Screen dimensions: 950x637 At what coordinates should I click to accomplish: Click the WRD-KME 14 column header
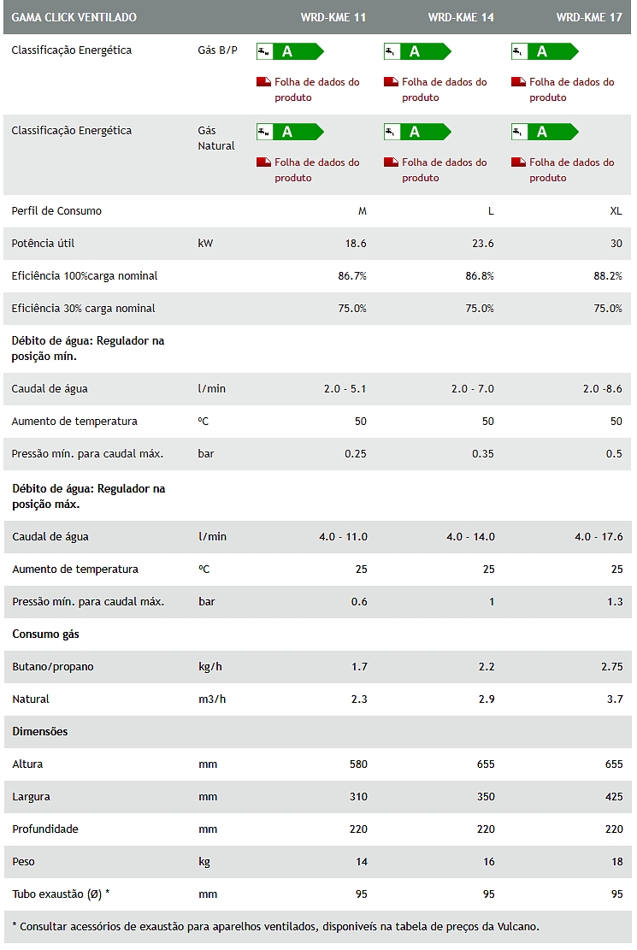coord(461,17)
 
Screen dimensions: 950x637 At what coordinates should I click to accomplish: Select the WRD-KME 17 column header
coord(589,17)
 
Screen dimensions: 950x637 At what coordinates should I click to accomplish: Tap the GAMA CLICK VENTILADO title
coord(74,17)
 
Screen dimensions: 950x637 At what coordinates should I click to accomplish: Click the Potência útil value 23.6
coord(482,244)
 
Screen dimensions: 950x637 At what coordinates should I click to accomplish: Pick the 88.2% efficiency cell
coord(608,276)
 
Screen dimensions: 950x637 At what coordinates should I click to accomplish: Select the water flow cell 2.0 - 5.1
coord(345,389)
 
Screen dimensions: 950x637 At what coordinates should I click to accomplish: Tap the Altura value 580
coord(358,764)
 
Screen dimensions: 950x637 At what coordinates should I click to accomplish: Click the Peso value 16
coord(488,862)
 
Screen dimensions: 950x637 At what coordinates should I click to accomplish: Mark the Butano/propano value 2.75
coord(611,667)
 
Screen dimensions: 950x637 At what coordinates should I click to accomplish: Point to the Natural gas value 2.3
coord(359,699)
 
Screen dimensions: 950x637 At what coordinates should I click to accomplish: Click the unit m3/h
coord(212,699)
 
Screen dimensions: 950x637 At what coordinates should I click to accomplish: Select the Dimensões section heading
coord(40,732)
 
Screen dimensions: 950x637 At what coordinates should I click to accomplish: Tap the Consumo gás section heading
coord(45,634)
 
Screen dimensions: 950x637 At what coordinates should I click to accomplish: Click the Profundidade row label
coord(45,829)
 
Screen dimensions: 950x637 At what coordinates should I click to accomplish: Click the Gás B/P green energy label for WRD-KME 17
coord(546,51)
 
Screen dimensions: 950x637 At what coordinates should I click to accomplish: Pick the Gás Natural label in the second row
coord(215,139)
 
